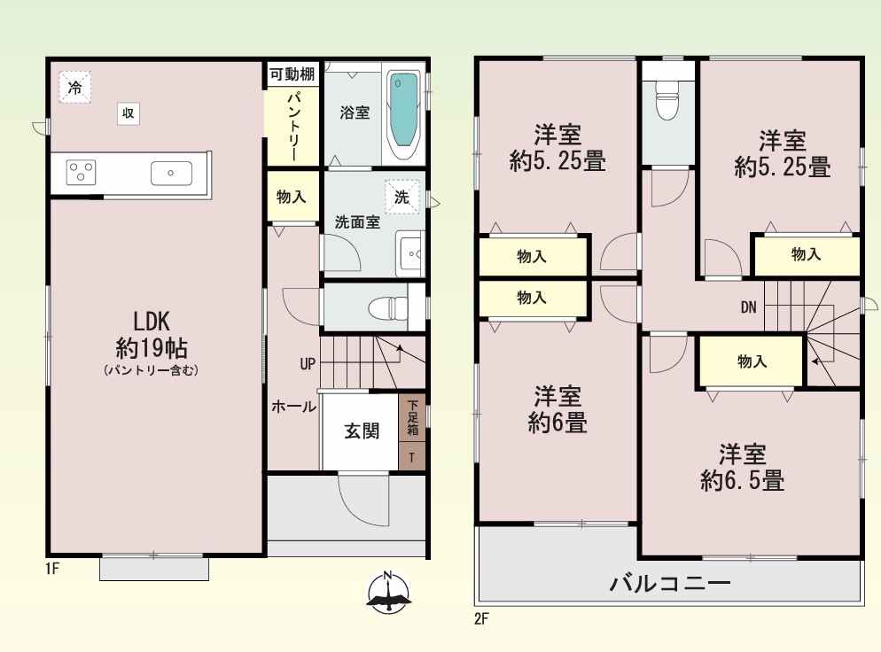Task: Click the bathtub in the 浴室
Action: (403, 115)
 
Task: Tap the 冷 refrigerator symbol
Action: (75, 87)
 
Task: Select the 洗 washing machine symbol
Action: (402, 197)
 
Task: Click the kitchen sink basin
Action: (171, 173)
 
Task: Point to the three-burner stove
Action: (82, 172)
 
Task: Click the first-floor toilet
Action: (388, 307)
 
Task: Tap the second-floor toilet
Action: (667, 100)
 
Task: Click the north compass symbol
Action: (388, 593)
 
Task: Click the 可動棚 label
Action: (292, 74)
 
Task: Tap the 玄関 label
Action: (362, 431)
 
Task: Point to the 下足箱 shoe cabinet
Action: (412, 417)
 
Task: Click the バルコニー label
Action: (670, 583)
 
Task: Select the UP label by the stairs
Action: (308, 364)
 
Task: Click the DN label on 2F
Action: (748, 307)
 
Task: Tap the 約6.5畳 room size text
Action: (742, 481)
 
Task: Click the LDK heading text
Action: (152, 322)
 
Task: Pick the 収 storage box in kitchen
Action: (129, 113)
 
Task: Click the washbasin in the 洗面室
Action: (410, 254)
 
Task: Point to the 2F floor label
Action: (481, 619)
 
